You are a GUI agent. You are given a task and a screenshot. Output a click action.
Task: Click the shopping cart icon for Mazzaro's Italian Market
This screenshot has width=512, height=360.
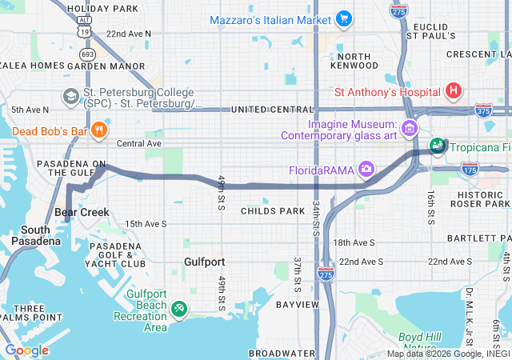343,18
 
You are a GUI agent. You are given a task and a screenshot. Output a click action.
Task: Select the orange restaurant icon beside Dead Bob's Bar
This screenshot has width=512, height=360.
99,130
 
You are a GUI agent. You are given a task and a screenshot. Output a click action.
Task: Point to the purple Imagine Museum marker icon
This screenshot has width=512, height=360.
410,128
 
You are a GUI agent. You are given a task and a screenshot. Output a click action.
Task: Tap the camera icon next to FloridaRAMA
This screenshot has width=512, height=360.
366,168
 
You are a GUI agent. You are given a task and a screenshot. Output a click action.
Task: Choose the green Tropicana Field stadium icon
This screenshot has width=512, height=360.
438,146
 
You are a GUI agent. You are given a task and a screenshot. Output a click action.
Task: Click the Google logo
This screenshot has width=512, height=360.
26,350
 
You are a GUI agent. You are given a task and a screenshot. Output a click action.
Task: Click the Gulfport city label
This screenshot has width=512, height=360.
204,262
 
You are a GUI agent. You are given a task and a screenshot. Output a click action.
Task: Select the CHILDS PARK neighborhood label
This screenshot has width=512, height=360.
273,211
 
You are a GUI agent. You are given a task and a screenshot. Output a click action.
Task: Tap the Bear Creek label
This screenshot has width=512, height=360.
82,213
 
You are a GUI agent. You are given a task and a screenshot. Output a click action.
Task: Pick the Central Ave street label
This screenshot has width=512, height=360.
139,144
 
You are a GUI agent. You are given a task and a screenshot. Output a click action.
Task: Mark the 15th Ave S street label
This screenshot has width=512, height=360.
145,224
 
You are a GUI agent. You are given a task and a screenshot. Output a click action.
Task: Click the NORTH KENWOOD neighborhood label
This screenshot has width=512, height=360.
354,62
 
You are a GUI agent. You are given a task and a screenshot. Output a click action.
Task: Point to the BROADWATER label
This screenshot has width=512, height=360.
281,352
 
